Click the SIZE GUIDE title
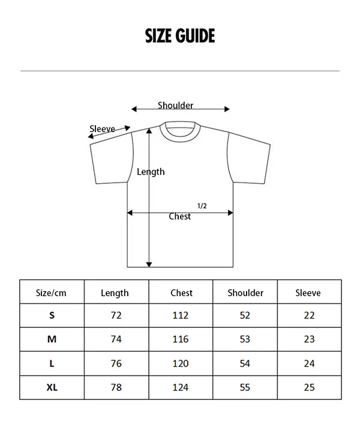click(180, 35)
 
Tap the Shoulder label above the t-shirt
click(175, 105)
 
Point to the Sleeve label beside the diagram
click(102, 129)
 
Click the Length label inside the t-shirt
click(151, 172)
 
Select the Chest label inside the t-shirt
click(179, 216)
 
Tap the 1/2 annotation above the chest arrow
click(202, 206)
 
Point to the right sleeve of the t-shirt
click(248, 158)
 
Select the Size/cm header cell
click(51, 293)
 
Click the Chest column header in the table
click(181, 293)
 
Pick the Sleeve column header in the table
click(308, 293)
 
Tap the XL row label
click(52, 387)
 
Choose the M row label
click(52, 339)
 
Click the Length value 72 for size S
click(116, 315)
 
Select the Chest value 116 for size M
click(181, 339)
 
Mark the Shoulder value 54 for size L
click(245, 364)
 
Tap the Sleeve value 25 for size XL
click(309, 387)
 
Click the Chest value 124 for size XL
click(181, 387)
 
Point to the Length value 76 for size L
click(116, 364)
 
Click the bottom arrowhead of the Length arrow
click(149, 265)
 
